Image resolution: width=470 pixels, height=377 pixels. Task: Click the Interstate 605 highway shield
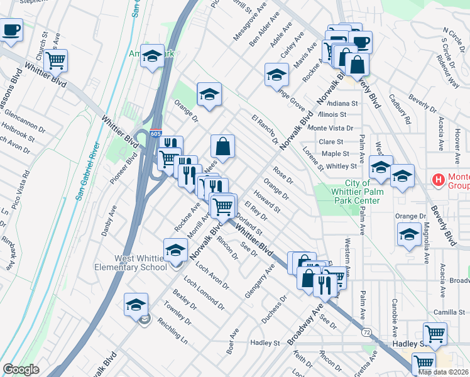156,134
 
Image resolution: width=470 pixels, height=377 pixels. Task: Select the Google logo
21,369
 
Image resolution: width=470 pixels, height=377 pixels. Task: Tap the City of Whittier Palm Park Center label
353,192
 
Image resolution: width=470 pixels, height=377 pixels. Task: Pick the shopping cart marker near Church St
56,62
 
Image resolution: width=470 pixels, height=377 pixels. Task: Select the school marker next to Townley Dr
136,305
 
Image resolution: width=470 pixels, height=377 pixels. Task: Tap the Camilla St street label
448,312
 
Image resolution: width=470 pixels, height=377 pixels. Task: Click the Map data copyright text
443,372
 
